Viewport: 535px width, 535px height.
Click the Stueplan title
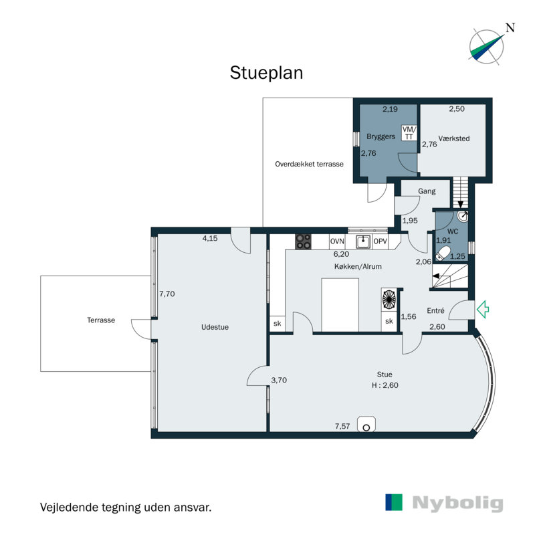coord(266,73)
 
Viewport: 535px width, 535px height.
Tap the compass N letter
coord(510,27)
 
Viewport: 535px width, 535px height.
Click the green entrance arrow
coord(482,310)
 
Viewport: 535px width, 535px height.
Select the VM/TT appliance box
coord(409,132)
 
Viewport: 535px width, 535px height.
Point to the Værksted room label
coord(454,138)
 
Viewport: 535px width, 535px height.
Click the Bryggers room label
coord(381,137)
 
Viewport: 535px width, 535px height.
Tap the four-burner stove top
coord(303,241)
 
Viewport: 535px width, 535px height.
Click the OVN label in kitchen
coord(337,241)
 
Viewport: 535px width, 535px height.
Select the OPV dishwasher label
coord(380,241)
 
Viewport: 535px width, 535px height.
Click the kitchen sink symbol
coord(363,241)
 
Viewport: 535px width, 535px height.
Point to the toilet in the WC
coord(443,253)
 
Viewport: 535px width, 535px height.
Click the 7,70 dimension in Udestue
coord(167,294)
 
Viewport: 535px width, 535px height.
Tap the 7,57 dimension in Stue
coord(342,426)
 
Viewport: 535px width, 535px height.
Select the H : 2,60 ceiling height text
coord(385,385)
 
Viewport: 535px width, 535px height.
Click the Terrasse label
coord(101,320)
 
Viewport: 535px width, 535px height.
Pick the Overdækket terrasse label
coord(309,164)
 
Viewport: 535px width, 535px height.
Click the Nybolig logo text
coord(457,503)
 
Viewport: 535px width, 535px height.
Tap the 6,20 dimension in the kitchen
coord(341,254)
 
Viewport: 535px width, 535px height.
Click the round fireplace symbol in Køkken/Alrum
coord(389,300)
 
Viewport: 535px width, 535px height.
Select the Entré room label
coord(436,310)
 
